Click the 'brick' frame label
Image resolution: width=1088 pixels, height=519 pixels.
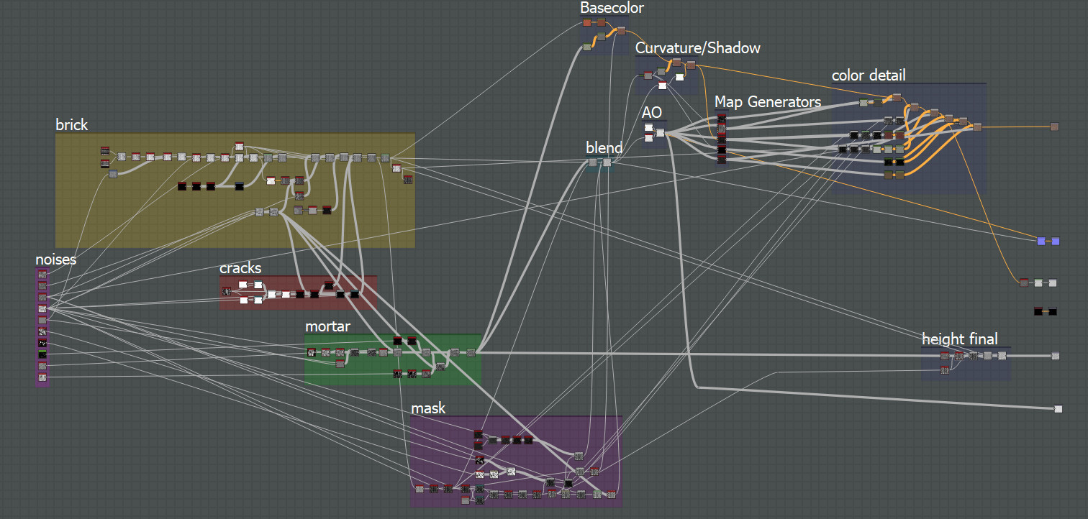(x=72, y=124)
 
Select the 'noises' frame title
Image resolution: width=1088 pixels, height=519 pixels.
(x=56, y=259)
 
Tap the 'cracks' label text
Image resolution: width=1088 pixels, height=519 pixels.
(x=240, y=268)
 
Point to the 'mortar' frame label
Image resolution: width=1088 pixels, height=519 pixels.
(x=327, y=326)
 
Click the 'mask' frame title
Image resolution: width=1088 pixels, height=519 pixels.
(x=428, y=408)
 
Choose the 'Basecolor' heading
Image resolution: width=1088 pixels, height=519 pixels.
(x=612, y=8)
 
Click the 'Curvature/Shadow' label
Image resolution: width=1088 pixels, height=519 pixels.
(x=697, y=48)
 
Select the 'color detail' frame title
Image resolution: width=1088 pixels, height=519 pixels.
(x=869, y=75)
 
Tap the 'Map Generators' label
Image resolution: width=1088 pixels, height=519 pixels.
(x=768, y=102)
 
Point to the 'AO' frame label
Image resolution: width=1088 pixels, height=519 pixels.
(x=651, y=112)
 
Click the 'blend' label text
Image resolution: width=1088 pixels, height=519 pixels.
(x=604, y=148)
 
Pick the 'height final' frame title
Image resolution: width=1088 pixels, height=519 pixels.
(x=960, y=339)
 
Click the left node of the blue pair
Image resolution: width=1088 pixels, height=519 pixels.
(x=1041, y=241)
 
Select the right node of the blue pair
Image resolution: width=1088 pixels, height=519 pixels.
(x=1056, y=241)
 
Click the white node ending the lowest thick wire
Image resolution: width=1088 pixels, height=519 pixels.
(x=1058, y=409)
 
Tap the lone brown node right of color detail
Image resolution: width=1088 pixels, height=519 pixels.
(x=1054, y=127)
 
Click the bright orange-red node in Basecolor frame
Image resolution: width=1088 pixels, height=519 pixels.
(x=587, y=23)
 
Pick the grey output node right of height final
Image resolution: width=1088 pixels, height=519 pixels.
(x=1055, y=356)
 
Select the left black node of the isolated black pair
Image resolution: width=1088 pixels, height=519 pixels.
(x=1038, y=311)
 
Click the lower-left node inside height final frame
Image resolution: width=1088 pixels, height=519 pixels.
(x=944, y=369)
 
